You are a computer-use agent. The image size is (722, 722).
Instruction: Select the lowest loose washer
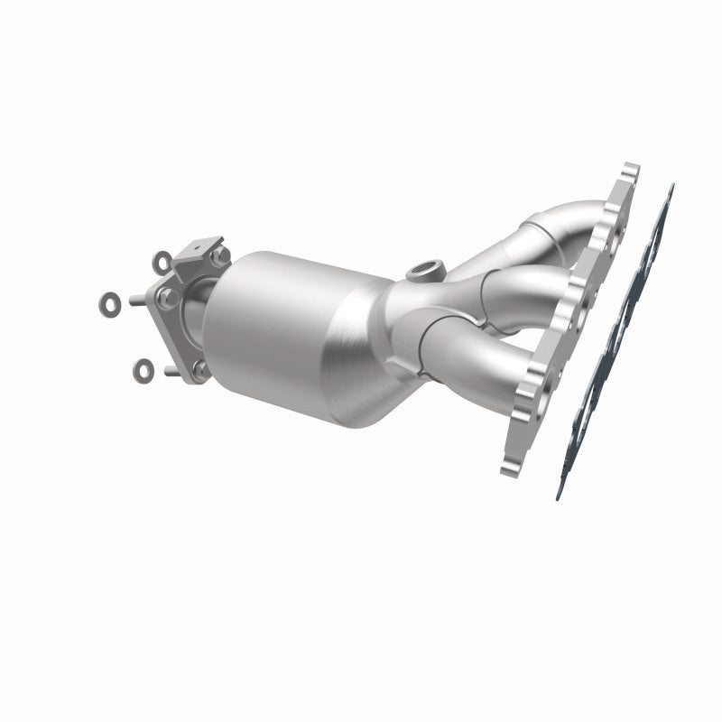click(144, 367)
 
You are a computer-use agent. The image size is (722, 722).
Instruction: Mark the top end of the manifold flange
click(629, 171)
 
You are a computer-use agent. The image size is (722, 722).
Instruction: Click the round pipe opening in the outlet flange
click(191, 311)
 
